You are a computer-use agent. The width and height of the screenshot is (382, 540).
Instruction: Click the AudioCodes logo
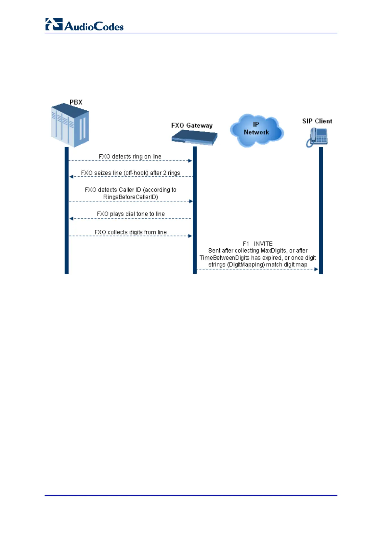(x=84, y=25)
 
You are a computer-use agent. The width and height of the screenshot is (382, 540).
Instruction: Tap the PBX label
(x=76, y=102)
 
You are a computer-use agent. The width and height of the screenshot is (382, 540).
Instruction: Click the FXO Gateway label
(x=192, y=125)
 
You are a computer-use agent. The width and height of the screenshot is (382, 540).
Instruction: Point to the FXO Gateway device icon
(x=194, y=138)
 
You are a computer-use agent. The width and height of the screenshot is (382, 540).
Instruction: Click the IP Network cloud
(x=256, y=130)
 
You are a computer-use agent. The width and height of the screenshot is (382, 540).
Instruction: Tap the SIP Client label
(x=317, y=121)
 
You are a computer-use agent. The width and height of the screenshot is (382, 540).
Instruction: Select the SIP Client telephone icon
(x=317, y=137)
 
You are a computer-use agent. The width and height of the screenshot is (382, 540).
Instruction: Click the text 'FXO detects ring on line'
(x=130, y=157)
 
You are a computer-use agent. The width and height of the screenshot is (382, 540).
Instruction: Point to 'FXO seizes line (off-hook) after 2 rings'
(x=131, y=173)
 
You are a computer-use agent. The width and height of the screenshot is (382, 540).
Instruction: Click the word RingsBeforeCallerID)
(x=131, y=197)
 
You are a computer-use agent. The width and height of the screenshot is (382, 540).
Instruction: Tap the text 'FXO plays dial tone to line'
(x=131, y=214)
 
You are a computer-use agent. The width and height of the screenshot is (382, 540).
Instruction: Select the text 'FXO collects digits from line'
(x=131, y=232)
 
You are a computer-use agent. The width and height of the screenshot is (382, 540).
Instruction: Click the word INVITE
(x=263, y=244)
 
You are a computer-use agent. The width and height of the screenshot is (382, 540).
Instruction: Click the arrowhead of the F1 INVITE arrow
(x=316, y=269)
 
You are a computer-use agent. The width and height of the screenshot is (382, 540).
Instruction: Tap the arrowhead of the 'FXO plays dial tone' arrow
(x=72, y=219)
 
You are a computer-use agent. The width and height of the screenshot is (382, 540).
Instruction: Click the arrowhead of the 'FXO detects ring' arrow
(x=190, y=161)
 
